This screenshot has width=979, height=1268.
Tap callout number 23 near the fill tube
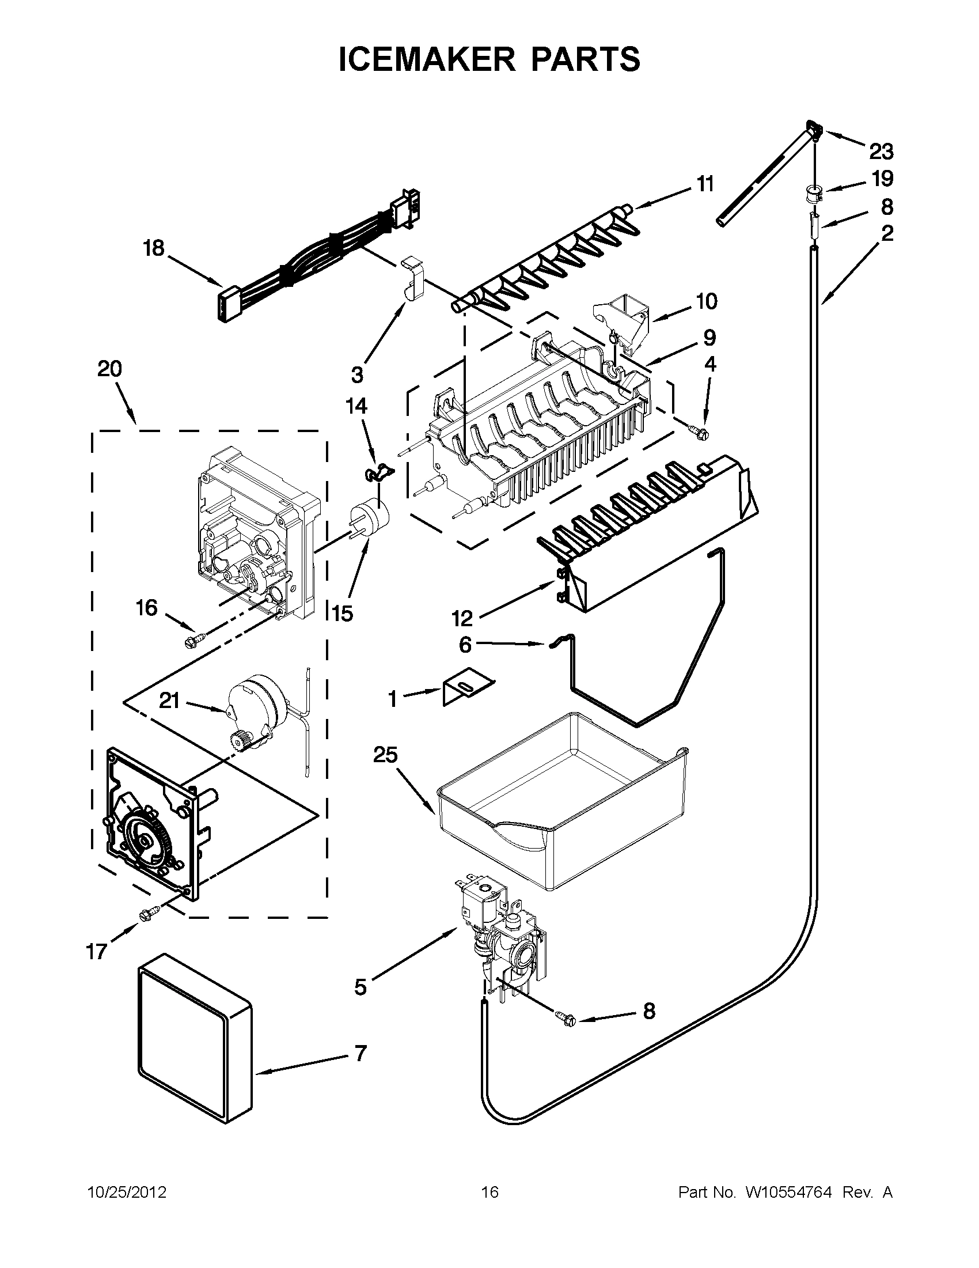point(881,152)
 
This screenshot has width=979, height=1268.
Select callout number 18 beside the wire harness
point(154,249)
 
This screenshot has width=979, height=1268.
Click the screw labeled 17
point(144,915)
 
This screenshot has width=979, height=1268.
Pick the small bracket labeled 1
point(467,686)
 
